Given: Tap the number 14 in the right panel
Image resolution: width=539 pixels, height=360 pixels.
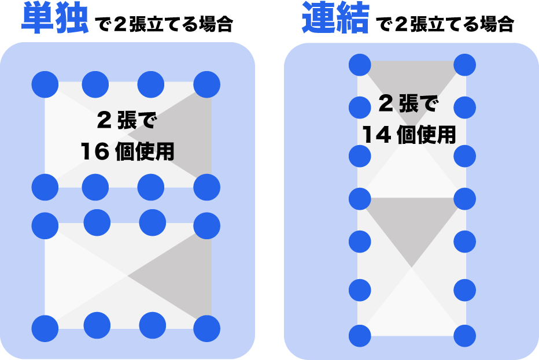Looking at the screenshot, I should (375, 136).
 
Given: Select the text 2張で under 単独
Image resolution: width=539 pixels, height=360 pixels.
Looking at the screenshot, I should (127, 121).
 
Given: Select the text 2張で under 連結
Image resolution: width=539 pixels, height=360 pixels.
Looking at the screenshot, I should (408, 105).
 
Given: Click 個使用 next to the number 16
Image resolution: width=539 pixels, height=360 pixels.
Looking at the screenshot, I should (145, 152).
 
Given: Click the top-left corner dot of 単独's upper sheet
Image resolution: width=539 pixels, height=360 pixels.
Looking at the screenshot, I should (45, 84).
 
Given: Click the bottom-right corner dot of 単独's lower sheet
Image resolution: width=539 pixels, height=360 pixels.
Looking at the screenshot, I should (206, 328).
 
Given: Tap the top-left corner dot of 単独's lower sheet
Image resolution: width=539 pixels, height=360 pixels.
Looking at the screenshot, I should (45, 225).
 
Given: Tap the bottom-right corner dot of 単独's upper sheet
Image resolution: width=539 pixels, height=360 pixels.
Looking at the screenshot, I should (206, 187).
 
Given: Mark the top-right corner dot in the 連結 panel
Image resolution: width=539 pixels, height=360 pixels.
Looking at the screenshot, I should (464, 64).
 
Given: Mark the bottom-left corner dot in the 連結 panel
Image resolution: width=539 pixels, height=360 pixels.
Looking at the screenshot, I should (360, 336).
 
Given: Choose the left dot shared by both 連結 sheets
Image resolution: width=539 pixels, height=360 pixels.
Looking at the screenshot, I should (360, 199).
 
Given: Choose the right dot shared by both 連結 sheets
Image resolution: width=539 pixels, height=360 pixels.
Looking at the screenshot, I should (464, 199).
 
